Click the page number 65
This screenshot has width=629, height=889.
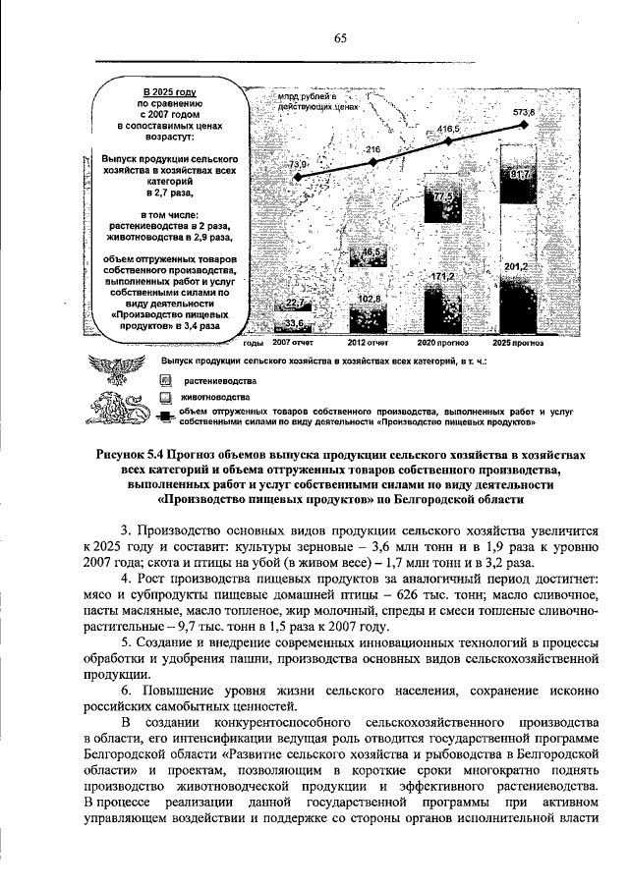coord(341,38)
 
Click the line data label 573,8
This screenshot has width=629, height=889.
coord(525,113)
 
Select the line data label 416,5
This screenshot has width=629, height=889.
coord(450,129)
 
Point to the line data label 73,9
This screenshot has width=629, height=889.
coord(298,164)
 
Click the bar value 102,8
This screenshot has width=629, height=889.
coord(371,298)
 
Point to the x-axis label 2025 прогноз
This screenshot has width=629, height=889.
coord(518,344)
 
